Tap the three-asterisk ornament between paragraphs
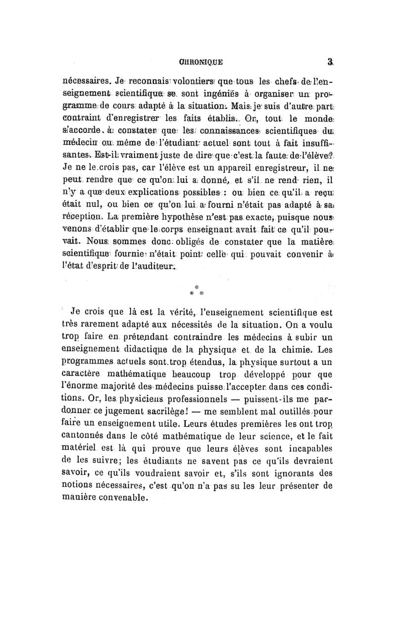tap(197, 291)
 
